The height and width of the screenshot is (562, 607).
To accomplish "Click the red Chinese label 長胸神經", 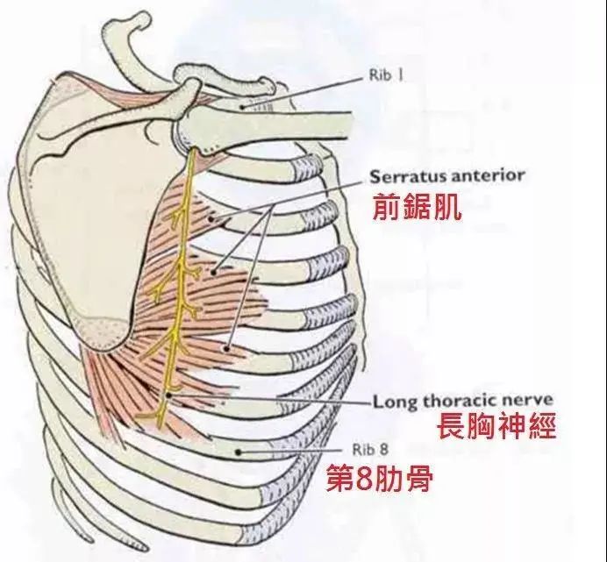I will (496, 427).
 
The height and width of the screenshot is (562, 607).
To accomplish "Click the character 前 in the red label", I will (381, 207).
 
